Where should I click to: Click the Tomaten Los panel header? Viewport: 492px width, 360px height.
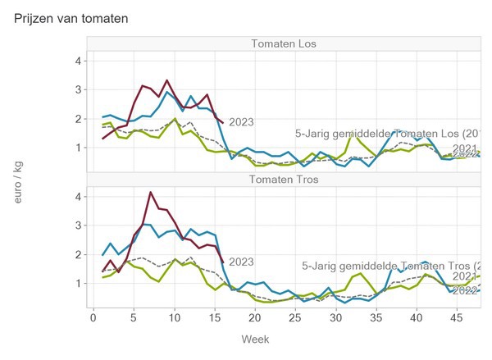point(284,43)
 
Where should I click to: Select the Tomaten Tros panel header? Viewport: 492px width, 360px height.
point(284,179)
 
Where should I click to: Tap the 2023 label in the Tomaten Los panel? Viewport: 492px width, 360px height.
point(241,122)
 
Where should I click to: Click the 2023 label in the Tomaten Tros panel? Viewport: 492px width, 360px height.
point(241,262)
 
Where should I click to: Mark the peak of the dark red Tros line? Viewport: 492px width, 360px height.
point(150,192)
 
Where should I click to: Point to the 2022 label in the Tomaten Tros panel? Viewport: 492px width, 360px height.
point(467,290)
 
